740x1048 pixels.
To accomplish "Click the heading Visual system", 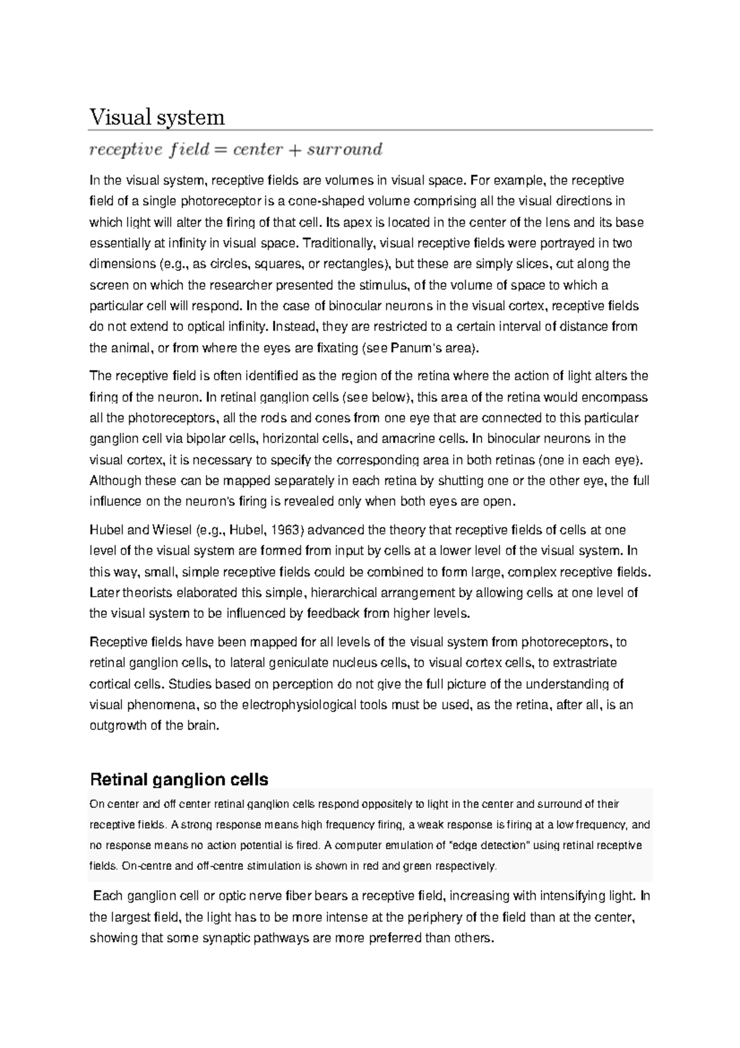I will pos(157,117).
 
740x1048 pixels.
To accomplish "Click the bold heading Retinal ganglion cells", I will pos(179,780).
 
